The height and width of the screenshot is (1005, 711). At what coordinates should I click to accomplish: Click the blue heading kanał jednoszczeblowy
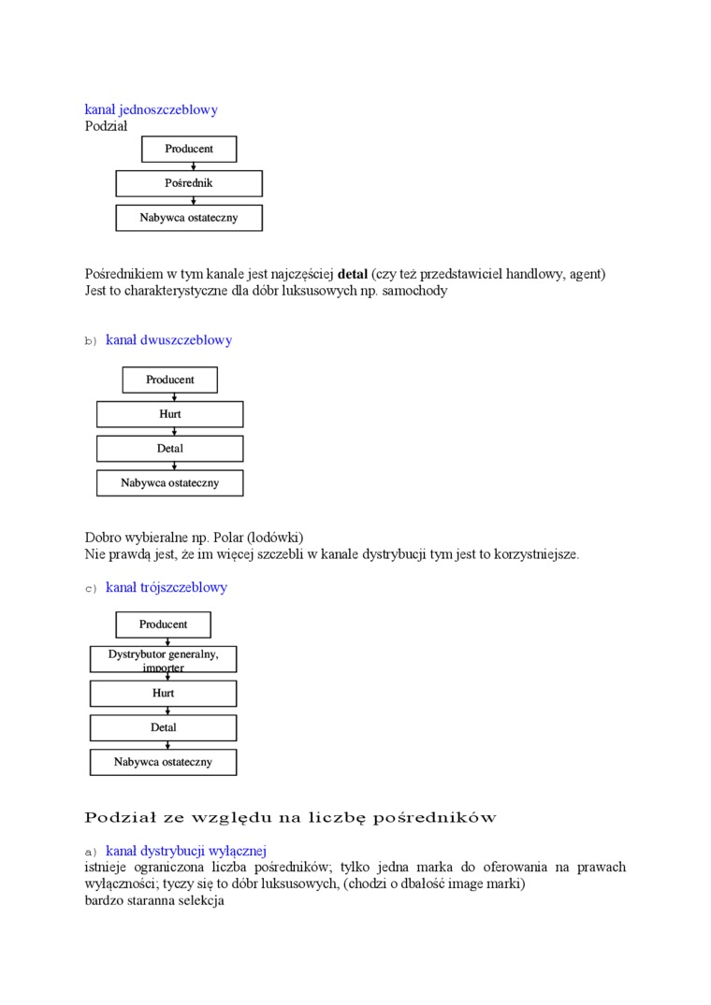click(152, 109)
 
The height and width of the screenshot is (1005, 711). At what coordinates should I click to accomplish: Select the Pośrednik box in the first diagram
click(189, 183)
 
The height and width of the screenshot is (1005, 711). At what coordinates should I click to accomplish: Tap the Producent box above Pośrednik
click(189, 149)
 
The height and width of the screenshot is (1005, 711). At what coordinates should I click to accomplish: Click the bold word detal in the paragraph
click(353, 274)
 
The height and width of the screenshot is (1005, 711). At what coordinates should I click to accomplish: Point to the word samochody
click(415, 291)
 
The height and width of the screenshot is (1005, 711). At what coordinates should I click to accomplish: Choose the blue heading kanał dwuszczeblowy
click(168, 340)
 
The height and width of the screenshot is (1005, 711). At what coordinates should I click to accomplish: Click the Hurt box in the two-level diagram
click(170, 414)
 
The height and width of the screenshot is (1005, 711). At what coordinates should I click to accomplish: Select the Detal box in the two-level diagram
click(170, 449)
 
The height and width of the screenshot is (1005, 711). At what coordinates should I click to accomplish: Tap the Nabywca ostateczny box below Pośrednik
click(189, 218)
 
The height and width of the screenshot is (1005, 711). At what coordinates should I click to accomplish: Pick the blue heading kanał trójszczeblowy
click(167, 588)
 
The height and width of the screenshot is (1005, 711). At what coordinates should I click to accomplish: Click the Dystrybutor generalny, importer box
click(164, 659)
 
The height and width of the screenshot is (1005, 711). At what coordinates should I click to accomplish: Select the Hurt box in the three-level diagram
click(164, 694)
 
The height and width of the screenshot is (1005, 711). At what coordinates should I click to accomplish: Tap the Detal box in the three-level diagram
click(164, 727)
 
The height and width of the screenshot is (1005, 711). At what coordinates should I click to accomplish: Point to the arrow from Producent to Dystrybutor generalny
click(167, 641)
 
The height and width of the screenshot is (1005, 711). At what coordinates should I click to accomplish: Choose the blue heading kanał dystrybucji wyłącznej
click(186, 851)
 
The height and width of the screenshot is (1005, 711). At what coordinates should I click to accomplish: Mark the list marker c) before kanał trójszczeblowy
click(91, 589)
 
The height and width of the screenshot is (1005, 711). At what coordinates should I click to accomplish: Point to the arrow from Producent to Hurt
click(174, 396)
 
